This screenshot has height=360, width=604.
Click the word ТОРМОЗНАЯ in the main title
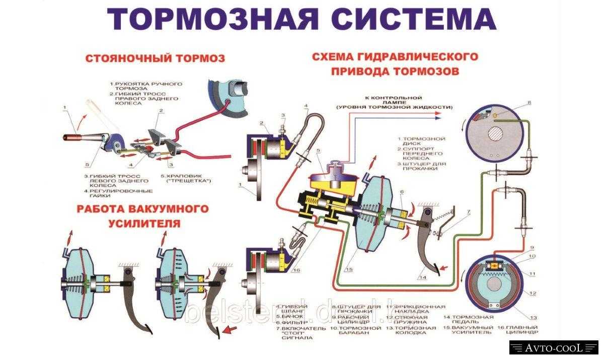tap(212, 19)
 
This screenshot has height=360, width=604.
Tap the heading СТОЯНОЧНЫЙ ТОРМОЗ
tap(156, 58)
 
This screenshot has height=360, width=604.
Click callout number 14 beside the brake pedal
tap(422, 276)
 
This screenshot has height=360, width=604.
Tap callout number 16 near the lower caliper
tap(296, 270)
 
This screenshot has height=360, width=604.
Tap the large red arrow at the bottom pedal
tap(231, 331)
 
